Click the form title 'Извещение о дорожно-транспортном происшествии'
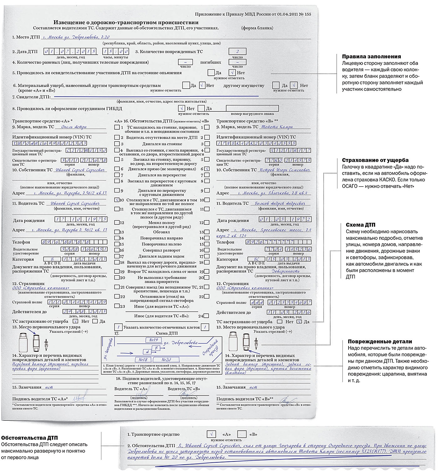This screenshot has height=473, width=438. (x=126, y=23)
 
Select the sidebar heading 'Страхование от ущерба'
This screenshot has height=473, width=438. (x=375, y=160)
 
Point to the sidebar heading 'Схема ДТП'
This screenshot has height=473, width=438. (x=361, y=225)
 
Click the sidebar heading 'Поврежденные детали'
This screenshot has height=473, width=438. (x=380, y=342)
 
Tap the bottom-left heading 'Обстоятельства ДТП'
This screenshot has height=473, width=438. (x=30, y=438)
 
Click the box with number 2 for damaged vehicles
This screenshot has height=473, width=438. (x=237, y=52)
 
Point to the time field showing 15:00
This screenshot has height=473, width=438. (x=116, y=52)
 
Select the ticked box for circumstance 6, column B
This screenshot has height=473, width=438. (x=207, y=169)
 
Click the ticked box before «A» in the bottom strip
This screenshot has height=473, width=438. (x=211, y=434)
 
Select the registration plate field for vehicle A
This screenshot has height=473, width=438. (x=85, y=151)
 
